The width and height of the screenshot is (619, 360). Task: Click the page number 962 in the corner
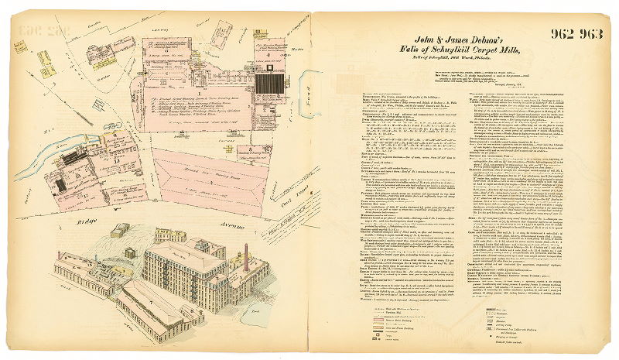[x=564, y=33]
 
